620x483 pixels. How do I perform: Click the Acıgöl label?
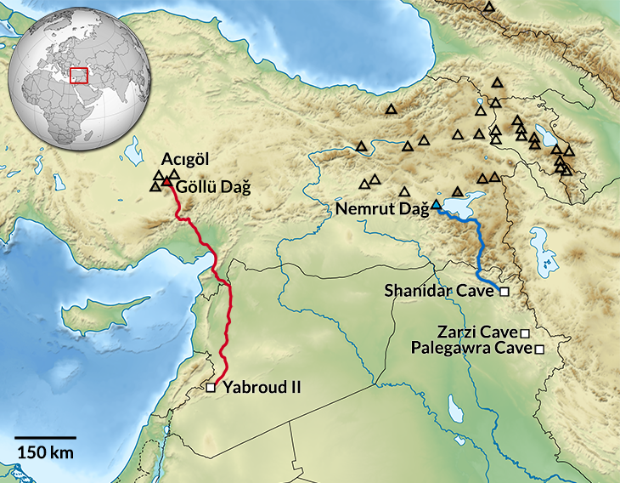184,160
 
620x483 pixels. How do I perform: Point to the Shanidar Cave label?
438,291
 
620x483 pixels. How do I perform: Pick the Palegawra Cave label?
470,349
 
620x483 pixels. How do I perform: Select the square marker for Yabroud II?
211,388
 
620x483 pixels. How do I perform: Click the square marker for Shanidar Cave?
504,292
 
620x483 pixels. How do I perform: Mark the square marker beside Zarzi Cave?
525,332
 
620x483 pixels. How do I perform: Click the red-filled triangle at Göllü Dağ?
168,182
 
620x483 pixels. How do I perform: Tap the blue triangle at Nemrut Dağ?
436,206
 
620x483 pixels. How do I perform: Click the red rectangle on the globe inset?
79,75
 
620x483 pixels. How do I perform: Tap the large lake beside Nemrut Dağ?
463,205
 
